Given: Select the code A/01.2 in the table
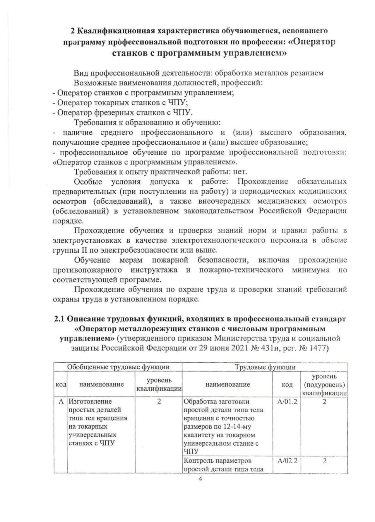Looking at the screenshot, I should click(287, 402).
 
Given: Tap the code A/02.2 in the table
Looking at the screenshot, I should click(287, 461).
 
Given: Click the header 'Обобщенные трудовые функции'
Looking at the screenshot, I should click(118, 367).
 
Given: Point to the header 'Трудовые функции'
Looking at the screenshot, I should click(265, 367).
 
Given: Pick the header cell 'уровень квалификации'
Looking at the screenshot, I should click(159, 384).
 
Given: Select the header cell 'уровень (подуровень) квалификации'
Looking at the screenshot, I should click(324, 384).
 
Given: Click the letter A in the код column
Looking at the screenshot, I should click(61, 402).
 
